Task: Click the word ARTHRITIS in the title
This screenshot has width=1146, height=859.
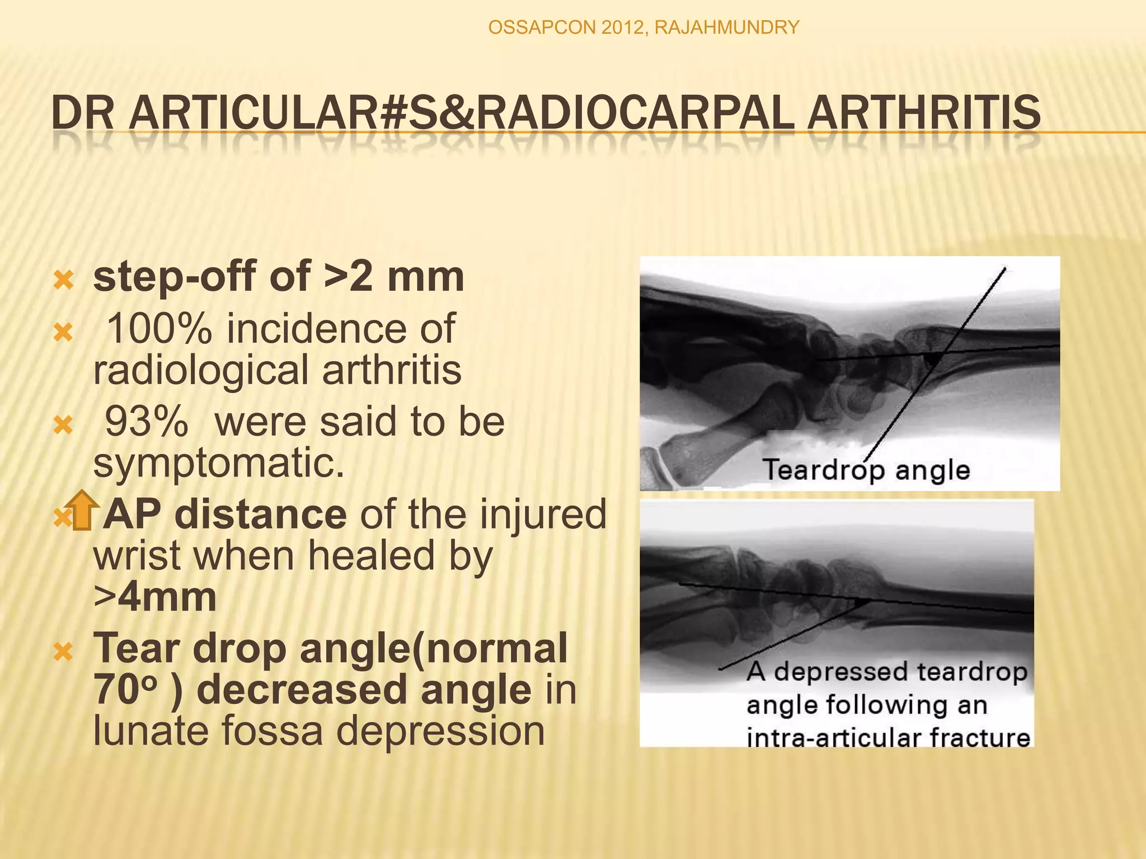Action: tap(923, 112)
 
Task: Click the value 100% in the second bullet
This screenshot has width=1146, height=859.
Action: tap(159, 329)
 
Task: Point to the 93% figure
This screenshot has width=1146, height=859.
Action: tap(147, 422)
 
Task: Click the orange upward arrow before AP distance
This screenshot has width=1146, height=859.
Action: tap(82, 509)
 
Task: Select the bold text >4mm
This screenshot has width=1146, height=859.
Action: tap(155, 597)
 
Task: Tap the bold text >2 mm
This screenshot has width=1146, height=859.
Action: tap(394, 277)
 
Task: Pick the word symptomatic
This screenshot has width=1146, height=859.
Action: tap(219, 464)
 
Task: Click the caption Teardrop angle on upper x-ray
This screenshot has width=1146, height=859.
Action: tap(866, 470)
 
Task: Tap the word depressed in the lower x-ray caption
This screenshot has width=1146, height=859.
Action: tap(842, 672)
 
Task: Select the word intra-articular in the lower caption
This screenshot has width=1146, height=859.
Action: tap(834, 738)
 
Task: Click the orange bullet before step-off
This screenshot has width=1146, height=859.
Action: tap(63, 280)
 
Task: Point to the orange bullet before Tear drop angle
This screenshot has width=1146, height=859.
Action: tap(63, 652)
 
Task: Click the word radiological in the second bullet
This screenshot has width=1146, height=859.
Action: tap(201, 370)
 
